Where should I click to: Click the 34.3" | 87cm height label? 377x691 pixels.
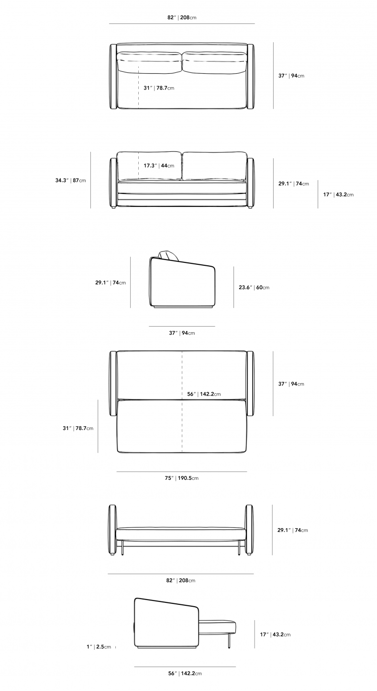(70, 181)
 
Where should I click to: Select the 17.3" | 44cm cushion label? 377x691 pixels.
(159, 166)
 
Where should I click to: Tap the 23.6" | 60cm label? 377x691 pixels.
(254, 288)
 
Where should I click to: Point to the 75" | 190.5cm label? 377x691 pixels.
(182, 478)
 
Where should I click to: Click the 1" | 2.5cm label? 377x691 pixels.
(99, 646)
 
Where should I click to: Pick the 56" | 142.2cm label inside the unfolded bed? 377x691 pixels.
(204, 394)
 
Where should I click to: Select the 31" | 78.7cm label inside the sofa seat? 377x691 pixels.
(159, 88)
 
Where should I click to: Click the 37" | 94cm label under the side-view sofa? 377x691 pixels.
(182, 333)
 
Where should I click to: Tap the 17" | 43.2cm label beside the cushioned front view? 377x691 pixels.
(338, 194)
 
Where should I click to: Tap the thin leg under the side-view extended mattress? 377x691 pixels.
(230, 640)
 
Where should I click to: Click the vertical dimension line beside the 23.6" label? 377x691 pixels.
(234, 287)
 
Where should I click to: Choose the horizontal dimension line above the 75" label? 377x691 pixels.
(182, 472)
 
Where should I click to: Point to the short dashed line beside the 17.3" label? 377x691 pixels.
(139, 166)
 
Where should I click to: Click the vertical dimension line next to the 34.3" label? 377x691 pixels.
(90, 181)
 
